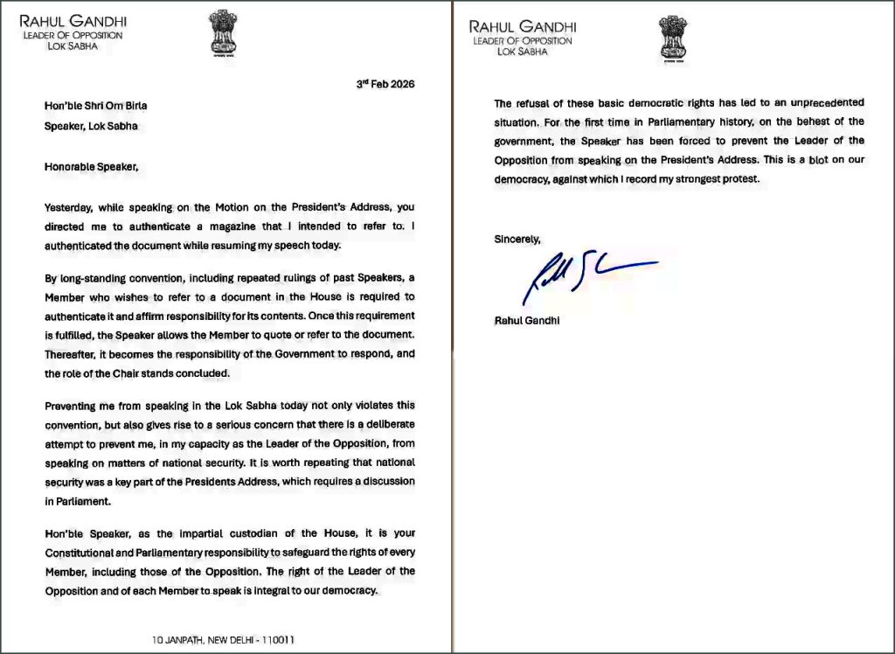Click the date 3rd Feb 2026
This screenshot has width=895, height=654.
(385, 85)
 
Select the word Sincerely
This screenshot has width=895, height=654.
(518, 239)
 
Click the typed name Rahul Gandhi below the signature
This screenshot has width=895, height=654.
(528, 320)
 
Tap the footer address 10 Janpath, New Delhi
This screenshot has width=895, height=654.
(224, 640)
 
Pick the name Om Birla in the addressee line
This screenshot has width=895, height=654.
(119, 106)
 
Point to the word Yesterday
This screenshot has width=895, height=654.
(71, 207)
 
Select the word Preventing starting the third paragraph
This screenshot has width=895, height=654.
(74, 405)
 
